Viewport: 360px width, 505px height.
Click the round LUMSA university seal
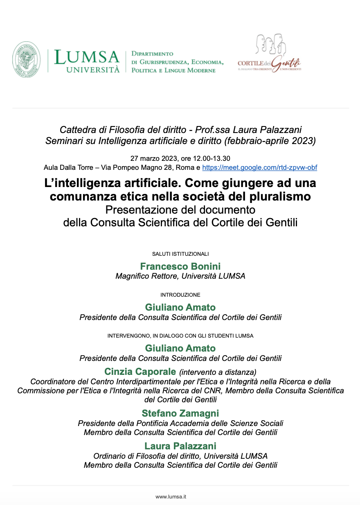tap(26, 60)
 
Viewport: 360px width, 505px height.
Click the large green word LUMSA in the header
tap(87, 57)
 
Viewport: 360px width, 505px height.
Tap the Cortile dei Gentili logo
tap(269, 55)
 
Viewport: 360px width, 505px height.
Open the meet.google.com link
tap(259, 167)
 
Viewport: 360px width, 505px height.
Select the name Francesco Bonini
tap(180, 267)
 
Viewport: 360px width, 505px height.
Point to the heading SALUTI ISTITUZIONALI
tap(180, 254)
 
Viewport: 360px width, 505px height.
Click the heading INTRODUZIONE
tap(180, 295)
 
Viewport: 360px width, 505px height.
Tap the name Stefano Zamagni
tap(180, 413)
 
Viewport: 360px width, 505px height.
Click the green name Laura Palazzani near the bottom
tap(180, 446)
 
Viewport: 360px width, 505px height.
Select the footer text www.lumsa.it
tap(171, 496)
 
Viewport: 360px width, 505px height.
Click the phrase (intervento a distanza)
tap(218, 372)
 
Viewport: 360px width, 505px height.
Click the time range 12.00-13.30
tap(209, 158)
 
